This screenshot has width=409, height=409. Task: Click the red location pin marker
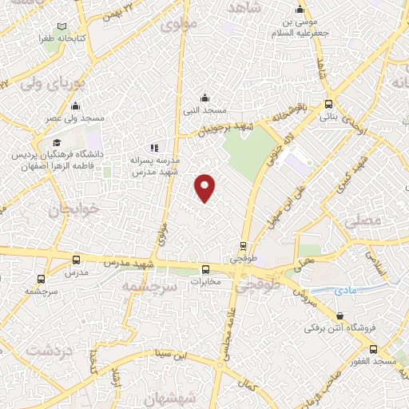coord(206,187)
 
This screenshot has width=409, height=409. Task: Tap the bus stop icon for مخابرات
coord(206,269)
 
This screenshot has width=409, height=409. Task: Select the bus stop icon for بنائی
coord(328,104)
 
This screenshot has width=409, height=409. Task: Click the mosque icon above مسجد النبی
coord(205,97)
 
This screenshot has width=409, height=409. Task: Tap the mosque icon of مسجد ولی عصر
coord(76,105)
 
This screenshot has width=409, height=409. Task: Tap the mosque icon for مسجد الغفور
coord(373,350)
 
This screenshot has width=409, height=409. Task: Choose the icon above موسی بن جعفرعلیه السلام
coord(300,10)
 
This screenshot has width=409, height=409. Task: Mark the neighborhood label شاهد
coord(245,7)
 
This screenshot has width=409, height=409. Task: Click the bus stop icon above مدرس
coord(76,260)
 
